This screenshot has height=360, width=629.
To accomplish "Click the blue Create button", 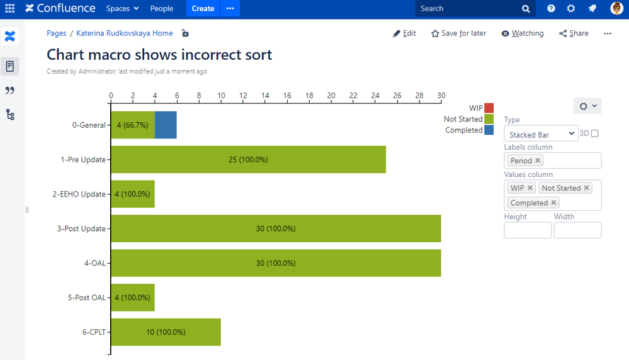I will pos(203,9).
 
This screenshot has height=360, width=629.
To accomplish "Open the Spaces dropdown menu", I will pos(122,9).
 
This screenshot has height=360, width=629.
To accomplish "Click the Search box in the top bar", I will pos(469,9).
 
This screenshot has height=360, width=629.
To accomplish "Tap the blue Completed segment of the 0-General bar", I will pos(166,125).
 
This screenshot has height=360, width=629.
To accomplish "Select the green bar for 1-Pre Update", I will pos(248,159).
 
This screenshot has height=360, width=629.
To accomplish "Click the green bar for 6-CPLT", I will pos(166,332).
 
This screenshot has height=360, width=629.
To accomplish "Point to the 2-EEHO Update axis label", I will pos(79,194).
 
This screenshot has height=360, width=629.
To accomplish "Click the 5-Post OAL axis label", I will pos(87,297).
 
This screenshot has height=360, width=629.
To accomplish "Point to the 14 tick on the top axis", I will pos(265,96).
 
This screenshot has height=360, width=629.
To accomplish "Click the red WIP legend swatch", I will pos(489,108).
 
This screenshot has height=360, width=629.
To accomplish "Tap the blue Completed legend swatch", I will pos(489,130).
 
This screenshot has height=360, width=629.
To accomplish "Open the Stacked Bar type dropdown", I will pos(541,134).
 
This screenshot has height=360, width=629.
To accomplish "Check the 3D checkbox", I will pos(595,133).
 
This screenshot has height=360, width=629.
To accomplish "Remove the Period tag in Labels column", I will pos(538,160).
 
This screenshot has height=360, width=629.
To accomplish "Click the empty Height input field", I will pos(528,230).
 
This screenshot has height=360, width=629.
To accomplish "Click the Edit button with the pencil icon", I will pos(404,33).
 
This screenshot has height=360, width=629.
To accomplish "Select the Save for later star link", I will pos(458,33).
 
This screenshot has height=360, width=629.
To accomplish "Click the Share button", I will pos(574,33).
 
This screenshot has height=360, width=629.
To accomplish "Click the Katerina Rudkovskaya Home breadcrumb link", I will pos(125,33).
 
